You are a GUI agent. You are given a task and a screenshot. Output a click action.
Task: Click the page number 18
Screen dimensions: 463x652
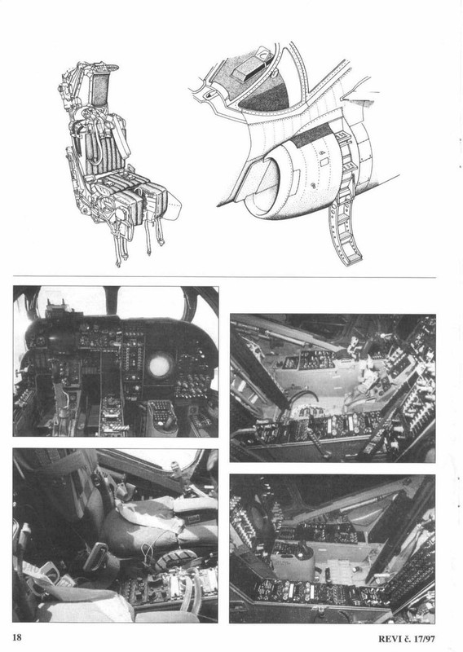[x=17, y=637]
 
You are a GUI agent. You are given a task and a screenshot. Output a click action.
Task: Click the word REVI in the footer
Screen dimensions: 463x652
[x=389, y=639]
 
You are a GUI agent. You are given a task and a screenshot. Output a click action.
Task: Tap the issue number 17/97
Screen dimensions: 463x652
[x=424, y=639]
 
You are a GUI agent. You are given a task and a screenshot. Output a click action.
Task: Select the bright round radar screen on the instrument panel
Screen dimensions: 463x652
[x=160, y=366]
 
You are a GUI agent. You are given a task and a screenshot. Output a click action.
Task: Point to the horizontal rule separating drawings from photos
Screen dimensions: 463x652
[x=224, y=276]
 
